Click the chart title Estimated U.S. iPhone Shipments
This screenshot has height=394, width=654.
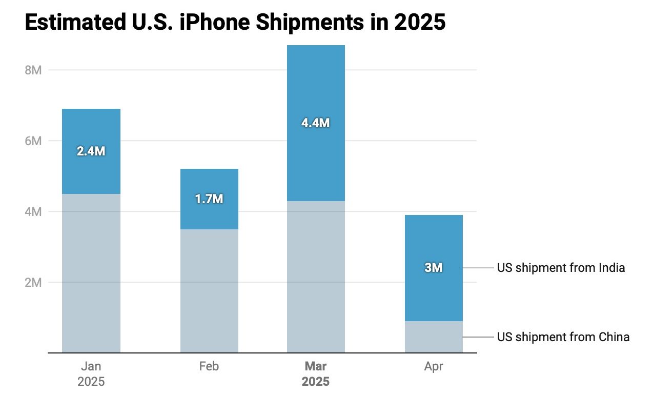(x=235, y=23)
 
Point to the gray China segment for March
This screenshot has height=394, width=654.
(x=316, y=277)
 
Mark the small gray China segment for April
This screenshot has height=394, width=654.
(x=434, y=337)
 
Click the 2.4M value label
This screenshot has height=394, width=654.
(x=91, y=151)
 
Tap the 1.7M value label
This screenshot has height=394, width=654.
(x=209, y=199)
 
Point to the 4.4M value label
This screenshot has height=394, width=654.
(x=316, y=123)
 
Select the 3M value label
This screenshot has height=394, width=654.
(x=434, y=268)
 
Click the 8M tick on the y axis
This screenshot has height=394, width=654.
(x=33, y=70)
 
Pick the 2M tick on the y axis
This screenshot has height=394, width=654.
(x=33, y=282)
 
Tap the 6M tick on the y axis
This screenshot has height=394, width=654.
(x=33, y=141)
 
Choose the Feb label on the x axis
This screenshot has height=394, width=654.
(x=209, y=366)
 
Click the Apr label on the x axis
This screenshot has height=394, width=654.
(x=434, y=366)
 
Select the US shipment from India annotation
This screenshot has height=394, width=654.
(x=561, y=268)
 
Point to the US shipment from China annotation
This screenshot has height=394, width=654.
(x=563, y=337)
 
